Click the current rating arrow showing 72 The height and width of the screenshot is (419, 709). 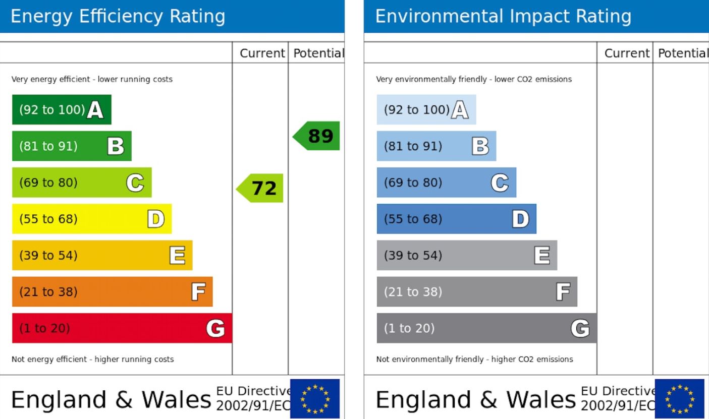click(260, 188)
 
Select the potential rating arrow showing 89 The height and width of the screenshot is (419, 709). click(317, 136)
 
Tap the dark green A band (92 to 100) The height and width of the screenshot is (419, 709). click(61, 109)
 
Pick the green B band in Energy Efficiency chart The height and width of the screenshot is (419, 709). click(71, 146)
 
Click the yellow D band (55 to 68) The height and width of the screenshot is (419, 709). click(91, 219)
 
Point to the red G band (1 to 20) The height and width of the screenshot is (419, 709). click(122, 328)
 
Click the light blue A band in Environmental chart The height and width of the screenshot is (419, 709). click(426, 109)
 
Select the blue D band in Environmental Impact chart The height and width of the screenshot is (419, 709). click(456, 219)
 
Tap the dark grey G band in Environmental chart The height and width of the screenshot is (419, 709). click(486, 328)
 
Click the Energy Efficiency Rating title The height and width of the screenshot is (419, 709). click(118, 17)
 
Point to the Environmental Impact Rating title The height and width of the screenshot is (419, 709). click(503, 17)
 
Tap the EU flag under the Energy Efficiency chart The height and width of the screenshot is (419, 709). click(315, 398)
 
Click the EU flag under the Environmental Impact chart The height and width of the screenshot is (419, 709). click(679, 398)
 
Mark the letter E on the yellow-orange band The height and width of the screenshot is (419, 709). click(177, 255)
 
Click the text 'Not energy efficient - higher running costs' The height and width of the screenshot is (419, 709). click(92, 360)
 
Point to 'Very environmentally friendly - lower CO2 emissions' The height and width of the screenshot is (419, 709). click(474, 79)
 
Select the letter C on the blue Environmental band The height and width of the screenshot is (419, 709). click(500, 183)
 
